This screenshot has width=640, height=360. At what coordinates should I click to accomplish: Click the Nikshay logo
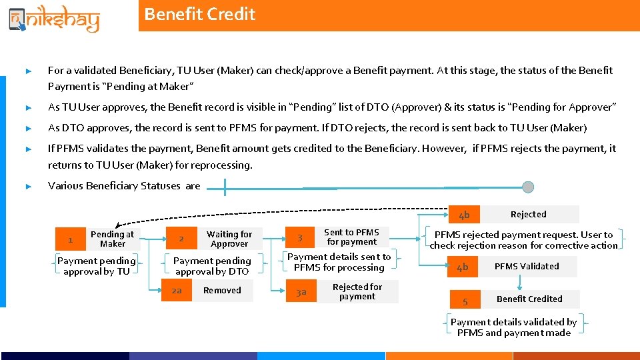(x=53, y=18)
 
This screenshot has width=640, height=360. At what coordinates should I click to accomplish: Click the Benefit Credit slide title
(x=199, y=14)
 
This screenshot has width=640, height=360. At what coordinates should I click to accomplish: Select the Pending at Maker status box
(x=112, y=239)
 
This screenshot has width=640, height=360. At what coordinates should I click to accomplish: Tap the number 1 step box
(x=71, y=239)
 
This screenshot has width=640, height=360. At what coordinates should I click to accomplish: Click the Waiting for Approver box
(x=229, y=239)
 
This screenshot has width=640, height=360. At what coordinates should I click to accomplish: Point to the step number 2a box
(x=177, y=291)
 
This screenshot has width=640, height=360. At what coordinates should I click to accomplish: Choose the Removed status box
(x=223, y=291)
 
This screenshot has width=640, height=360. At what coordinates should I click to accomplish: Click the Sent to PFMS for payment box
(x=351, y=237)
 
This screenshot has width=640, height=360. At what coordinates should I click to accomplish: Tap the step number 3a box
(x=301, y=292)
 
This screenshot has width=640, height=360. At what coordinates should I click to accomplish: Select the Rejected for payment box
(x=357, y=292)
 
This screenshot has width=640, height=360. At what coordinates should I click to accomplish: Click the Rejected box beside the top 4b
(x=529, y=214)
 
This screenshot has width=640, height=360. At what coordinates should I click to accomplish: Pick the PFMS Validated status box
(x=527, y=267)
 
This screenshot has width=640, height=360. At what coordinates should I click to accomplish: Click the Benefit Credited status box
(x=529, y=299)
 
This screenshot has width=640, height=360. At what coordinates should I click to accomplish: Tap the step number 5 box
(x=465, y=301)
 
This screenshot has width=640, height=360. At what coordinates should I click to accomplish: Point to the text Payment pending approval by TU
(x=97, y=266)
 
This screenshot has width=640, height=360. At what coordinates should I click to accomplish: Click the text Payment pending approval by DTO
(x=212, y=266)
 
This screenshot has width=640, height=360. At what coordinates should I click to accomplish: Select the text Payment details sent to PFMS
(x=339, y=262)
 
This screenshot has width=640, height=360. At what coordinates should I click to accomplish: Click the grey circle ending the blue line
(x=528, y=187)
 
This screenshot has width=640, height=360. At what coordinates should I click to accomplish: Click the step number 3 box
(x=300, y=238)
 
